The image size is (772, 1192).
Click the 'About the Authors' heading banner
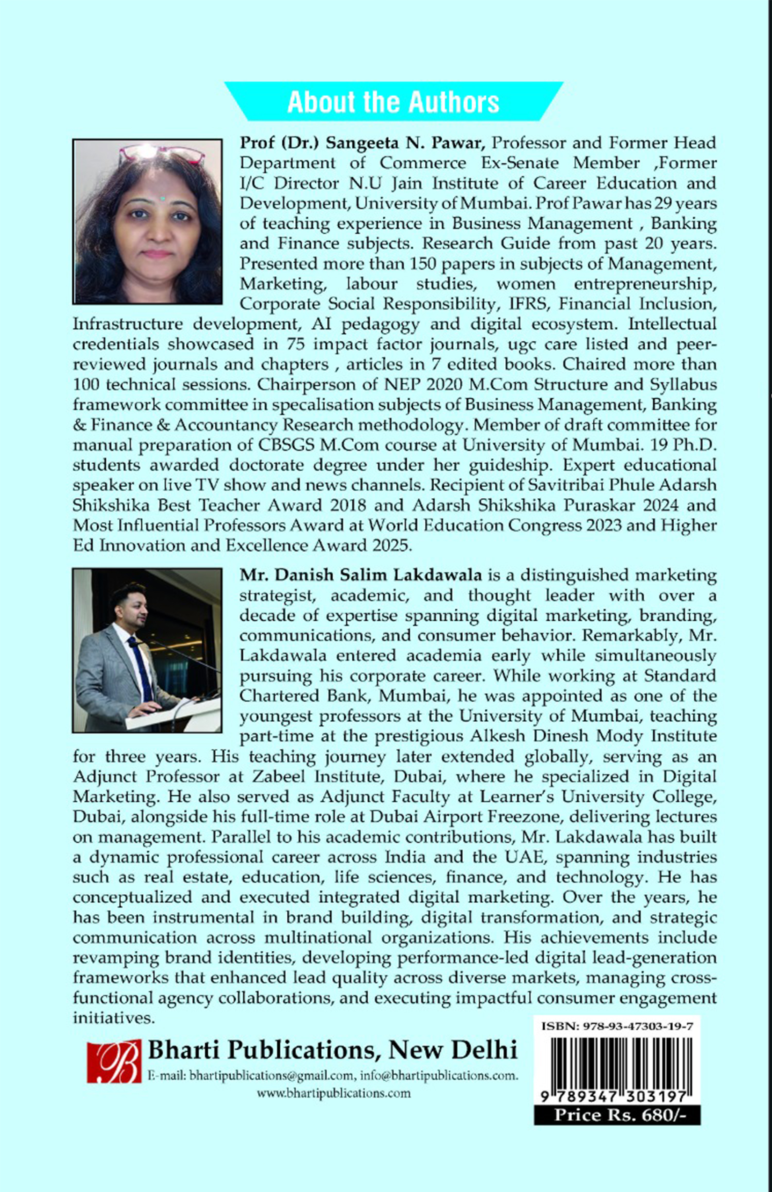click(x=393, y=102)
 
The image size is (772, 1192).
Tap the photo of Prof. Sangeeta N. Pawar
click(x=147, y=222)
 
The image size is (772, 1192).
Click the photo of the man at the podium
click(x=147, y=650)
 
